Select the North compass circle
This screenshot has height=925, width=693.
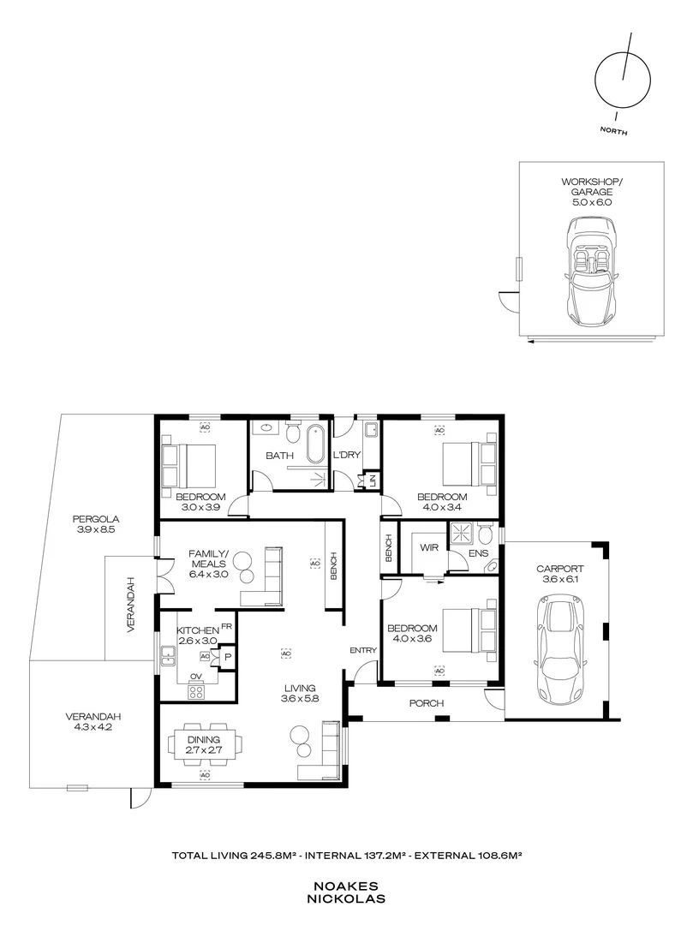coord(622,81)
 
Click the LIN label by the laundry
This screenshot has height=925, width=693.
coord(372,480)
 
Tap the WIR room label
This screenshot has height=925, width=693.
coord(429,547)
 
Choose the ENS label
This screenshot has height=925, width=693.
coord(478,553)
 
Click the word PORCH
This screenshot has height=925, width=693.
coord(426,703)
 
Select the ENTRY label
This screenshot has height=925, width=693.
coord(362,650)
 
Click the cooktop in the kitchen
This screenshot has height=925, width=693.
coord(196,691)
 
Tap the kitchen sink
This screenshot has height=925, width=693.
coord(168,655)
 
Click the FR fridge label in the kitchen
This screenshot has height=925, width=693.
coord(226,626)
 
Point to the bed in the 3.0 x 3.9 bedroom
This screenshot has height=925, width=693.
coord(188,464)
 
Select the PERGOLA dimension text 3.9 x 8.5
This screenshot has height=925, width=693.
coord(95,529)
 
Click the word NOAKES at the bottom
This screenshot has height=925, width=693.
coord(345,886)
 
